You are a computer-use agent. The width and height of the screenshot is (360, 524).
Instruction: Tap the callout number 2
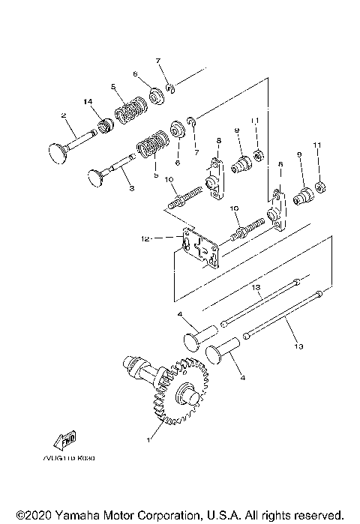[64, 115]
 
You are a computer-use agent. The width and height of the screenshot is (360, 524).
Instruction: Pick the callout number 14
[88, 101]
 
